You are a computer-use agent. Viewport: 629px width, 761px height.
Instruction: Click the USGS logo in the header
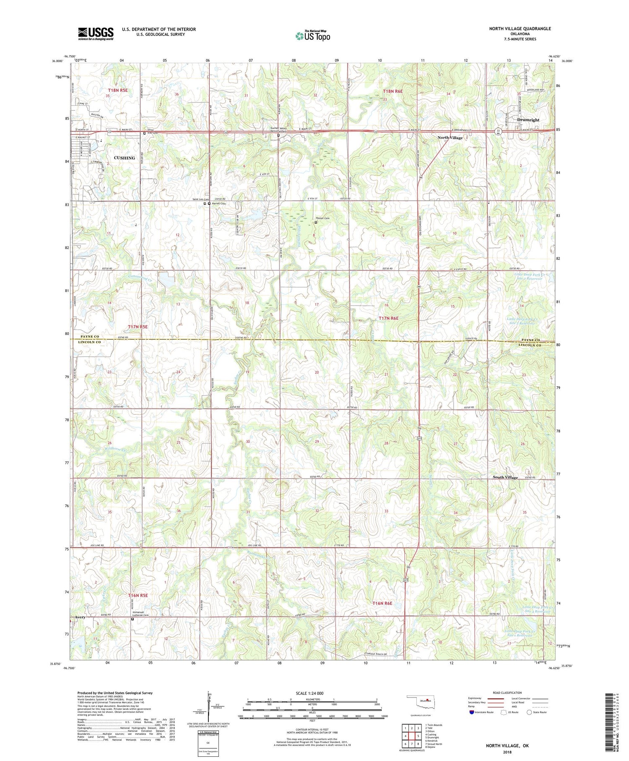[x=96, y=34]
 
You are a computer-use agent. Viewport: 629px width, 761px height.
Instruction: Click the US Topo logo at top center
[x=312, y=36]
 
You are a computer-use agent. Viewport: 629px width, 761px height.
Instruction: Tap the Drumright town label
[x=528, y=120]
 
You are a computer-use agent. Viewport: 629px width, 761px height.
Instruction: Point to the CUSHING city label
[x=125, y=158]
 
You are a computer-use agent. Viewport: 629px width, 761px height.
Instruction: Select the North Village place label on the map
[x=450, y=138]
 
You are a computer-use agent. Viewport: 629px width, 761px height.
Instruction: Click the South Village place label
[x=505, y=477]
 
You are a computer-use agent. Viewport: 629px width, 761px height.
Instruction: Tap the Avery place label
[x=81, y=617]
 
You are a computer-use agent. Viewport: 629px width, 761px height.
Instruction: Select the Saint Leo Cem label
[x=200, y=199]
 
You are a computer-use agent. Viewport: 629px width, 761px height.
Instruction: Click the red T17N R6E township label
[x=388, y=318]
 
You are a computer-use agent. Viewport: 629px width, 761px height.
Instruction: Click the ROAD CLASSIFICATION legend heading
[x=507, y=693]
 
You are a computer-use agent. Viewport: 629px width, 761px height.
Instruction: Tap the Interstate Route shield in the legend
[x=472, y=712]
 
